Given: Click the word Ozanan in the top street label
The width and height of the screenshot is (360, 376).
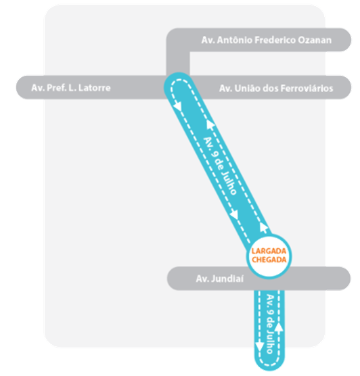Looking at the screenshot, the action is [x=315, y=40].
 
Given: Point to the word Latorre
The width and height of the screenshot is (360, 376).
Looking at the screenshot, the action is [x=95, y=88].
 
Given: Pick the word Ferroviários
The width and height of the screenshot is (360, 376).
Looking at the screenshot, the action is [x=307, y=89].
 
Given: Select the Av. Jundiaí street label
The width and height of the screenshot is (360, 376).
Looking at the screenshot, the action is [x=220, y=279].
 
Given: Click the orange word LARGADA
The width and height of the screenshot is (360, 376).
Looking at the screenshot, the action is [x=269, y=252].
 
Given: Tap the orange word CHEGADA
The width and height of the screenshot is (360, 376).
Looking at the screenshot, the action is [x=269, y=260].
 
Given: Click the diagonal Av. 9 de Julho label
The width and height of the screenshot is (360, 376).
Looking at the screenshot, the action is [x=220, y=166].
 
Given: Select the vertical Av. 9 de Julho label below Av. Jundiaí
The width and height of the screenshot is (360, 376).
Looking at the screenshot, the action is [x=270, y=325].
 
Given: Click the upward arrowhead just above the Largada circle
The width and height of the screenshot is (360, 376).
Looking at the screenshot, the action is [x=263, y=228].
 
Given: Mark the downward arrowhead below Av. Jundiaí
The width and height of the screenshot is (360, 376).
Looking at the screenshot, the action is [x=259, y=347].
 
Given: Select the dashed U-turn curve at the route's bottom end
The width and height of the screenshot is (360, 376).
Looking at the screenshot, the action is [x=269, y=364].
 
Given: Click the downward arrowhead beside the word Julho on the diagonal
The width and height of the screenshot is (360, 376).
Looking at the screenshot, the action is [x=235, y=214].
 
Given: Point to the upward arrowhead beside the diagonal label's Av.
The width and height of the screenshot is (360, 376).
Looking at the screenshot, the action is [x=210, y=124].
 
